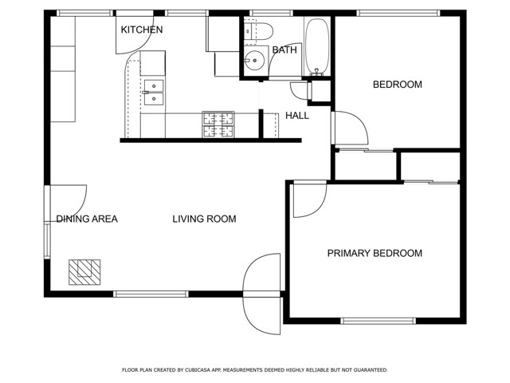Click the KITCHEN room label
click(142, 30)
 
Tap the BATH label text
click(284, 50)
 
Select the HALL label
click(297, 116)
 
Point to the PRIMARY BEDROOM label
click(375, 254)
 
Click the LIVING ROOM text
click(204, 219)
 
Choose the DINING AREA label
click(87, 219)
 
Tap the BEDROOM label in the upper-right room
click(398, 85)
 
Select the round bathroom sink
click(255, 61)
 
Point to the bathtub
click(317, 46)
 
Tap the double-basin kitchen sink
click(153, 93)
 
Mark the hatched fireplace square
click(84, 271)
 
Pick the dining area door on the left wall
click(65, 203)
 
